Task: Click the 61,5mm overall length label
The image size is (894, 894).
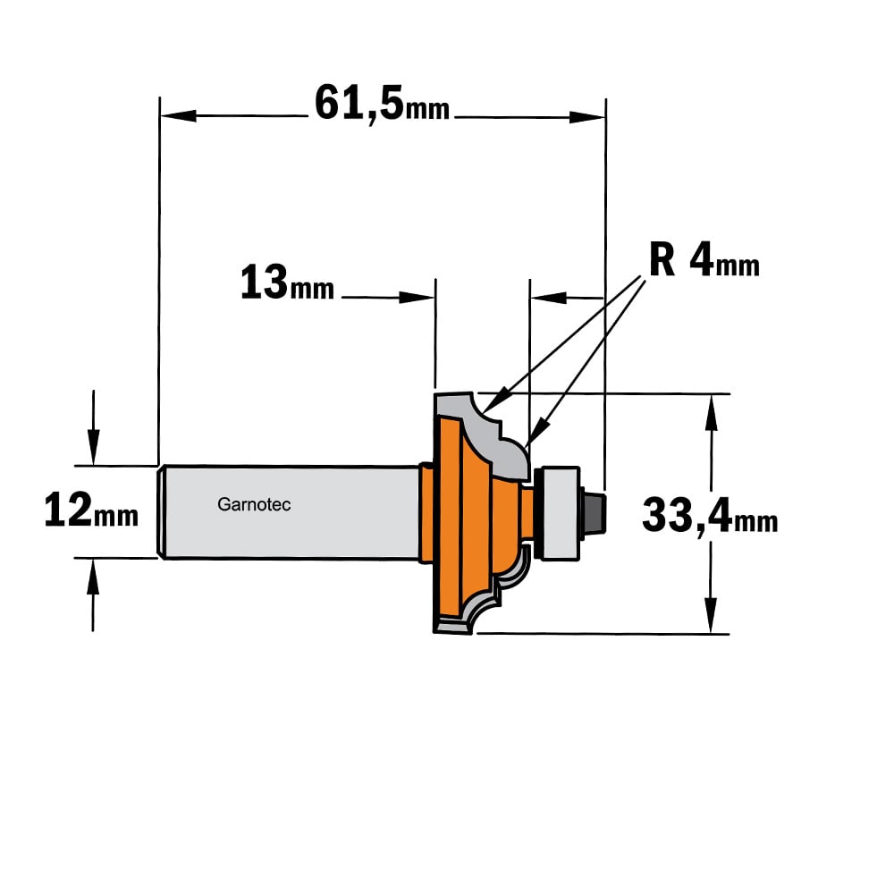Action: point(382,104)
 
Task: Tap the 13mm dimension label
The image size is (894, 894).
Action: point(287,283)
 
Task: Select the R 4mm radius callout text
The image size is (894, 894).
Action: point(704,260)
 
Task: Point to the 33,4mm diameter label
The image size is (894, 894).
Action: point(710,515)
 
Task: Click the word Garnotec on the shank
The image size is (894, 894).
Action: point(254,504)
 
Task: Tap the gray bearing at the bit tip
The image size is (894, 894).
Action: point(561,513)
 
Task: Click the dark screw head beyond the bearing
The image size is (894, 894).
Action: point(595,513)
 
